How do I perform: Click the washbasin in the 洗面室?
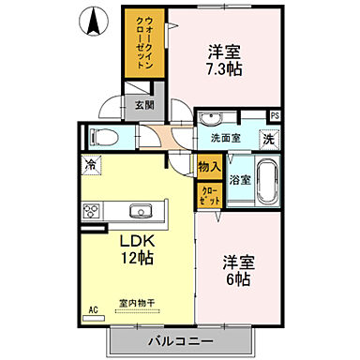point(211,119)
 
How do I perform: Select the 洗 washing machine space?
point(268,138)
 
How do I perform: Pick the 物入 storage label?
point(208,167)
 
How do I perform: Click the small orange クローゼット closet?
point(208,195)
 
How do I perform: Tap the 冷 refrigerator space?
point(92,166)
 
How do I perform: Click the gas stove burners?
point(92,210)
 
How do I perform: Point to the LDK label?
point(135,239)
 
